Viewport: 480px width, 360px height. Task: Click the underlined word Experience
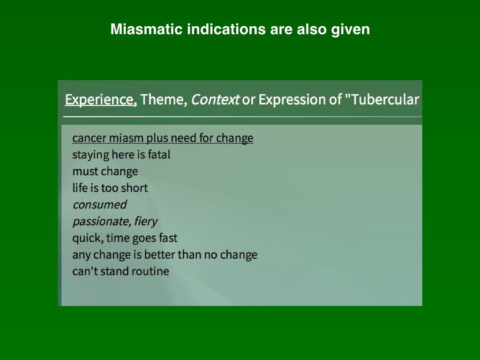(101, 99)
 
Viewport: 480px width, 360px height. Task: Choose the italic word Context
(215, 99)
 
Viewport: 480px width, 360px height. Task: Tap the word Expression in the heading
(296, 100)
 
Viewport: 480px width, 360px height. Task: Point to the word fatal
(159, 155)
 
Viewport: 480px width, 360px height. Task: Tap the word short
(134, 187)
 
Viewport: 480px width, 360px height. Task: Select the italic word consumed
(100, 205)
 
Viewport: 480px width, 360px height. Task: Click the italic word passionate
(102, 221)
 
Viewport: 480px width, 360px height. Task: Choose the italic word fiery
(146, 221)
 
